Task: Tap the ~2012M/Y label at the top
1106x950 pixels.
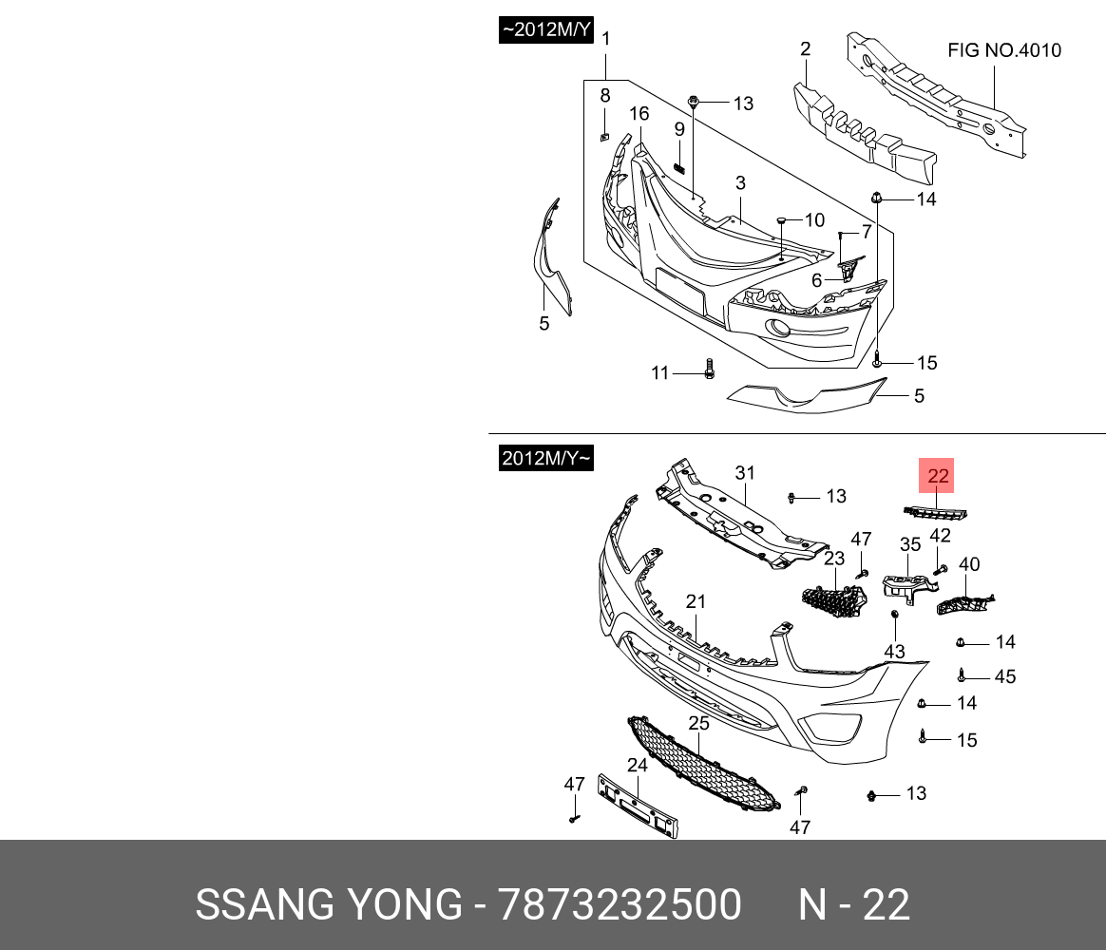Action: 546,31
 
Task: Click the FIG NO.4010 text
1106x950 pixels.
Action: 1004,50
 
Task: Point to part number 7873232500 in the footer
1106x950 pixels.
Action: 620,905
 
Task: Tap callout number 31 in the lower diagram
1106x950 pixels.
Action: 744,473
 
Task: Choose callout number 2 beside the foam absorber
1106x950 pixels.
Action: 805,49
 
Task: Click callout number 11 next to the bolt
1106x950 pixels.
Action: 660,373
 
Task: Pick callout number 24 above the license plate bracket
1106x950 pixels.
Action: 637,765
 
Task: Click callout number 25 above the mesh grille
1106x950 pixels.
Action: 698,723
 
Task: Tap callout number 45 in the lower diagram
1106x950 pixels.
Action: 1004,676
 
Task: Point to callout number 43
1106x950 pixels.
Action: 895,652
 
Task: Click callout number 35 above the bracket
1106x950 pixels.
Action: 910,544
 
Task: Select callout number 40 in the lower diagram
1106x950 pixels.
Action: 969,564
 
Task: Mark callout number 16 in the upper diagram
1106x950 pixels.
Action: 639,114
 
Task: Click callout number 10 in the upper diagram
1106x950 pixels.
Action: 814,220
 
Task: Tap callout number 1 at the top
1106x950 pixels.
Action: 605,39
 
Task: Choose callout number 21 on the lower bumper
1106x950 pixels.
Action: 696,600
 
